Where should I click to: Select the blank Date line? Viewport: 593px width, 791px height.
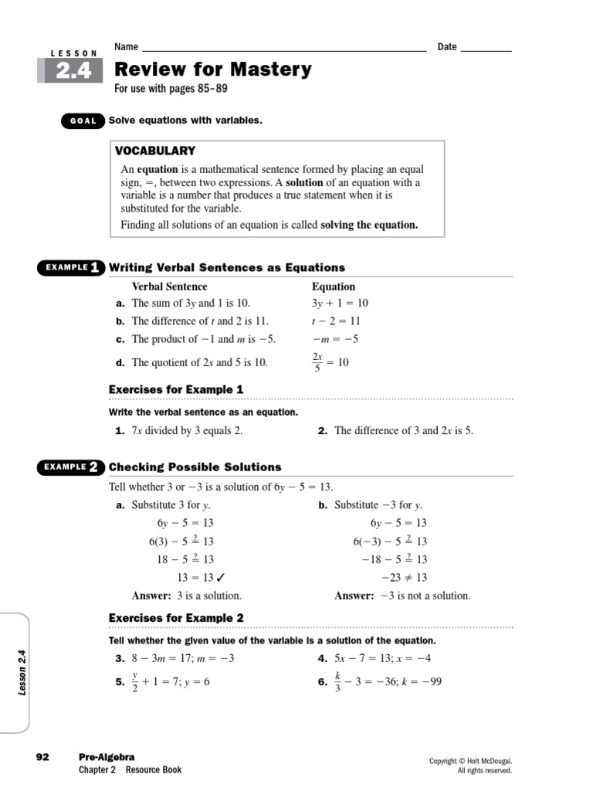(x=486, y=47)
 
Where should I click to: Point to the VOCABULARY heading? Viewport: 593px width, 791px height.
(x=155, y=151)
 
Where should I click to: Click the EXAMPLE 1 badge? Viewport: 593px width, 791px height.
(x=71, y=268)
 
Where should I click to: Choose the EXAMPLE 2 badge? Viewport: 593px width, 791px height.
(x=71, y=467)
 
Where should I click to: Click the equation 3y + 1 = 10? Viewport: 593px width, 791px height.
(x=340, y=304)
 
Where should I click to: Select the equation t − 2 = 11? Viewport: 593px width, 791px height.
(x=336, y=321)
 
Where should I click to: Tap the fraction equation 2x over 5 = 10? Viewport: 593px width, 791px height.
(x=330, y=362)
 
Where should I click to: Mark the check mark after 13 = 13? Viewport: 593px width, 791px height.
(x=222, y=577)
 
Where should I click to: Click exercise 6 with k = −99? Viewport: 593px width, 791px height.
(x=387, y=682)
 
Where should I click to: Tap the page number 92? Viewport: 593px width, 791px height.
(x=42, y=757)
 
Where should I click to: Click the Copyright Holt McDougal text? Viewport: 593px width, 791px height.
(x=470, y=761)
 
